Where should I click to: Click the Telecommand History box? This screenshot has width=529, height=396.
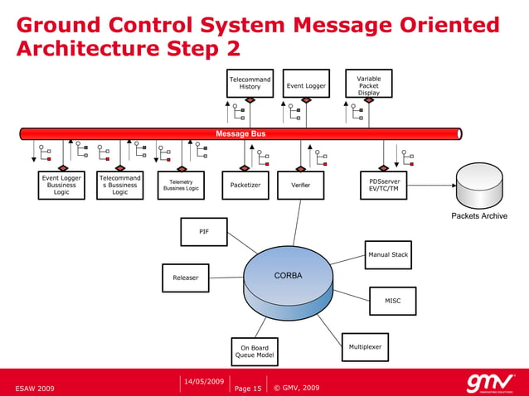[x=250, y=83]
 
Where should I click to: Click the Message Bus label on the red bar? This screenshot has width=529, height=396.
[x=240, y=133]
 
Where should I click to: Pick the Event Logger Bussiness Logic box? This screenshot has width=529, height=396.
[x=61, y=185]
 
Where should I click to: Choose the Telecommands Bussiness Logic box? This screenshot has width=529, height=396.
[x=120, y=185]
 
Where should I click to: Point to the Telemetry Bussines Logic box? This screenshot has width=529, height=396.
[x=181, y=185]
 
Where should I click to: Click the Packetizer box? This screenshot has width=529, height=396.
[x=245, y=185]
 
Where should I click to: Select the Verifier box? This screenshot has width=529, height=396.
[x=300, y=185]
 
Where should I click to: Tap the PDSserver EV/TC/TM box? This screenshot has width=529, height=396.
[x=383, y=184]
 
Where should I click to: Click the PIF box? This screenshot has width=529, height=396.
[x=203, y=232]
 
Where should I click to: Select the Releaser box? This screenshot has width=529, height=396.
[x=186, y=278]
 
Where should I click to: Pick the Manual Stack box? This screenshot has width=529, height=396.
[x=388, y=255]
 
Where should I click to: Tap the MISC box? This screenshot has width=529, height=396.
[x=392, y=301]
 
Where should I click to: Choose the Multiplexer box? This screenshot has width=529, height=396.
[x=365, y=346]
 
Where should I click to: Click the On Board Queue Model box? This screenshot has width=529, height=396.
[x=255, y=351]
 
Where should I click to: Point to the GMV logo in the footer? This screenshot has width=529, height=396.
[x=489, y=383]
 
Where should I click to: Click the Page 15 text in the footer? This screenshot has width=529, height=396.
[x=248, y=388]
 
